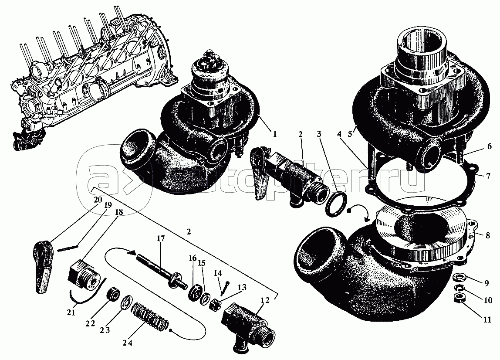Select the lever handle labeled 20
[43, 259]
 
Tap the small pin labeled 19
[68, 248]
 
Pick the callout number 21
[71, 312]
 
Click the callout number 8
[487, 236]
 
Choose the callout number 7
[488, 176]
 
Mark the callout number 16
[192, 258]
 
